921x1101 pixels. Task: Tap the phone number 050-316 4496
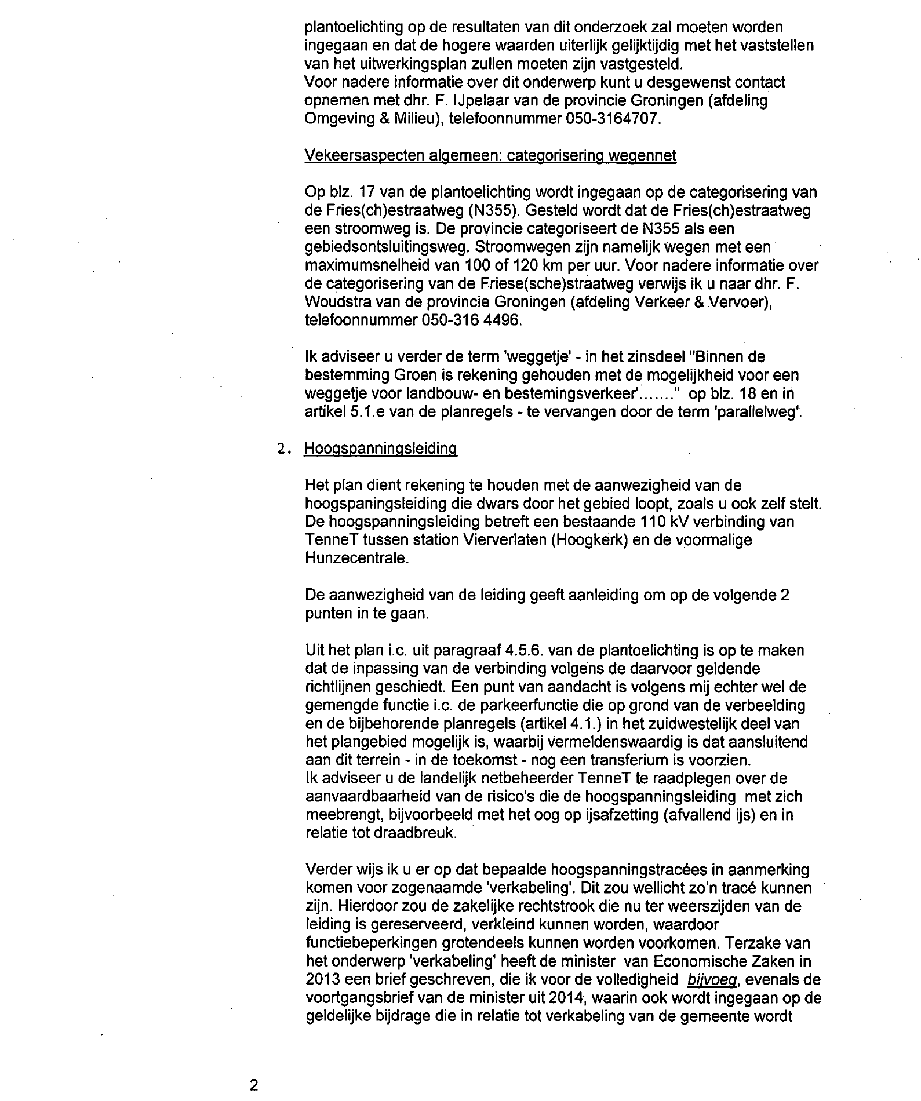469,320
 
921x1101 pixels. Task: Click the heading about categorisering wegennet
490,156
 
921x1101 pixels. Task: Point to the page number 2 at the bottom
253,1085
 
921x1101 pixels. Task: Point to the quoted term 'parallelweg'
760,413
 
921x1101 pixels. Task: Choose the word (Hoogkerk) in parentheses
593,540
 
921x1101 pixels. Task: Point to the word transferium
630,760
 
